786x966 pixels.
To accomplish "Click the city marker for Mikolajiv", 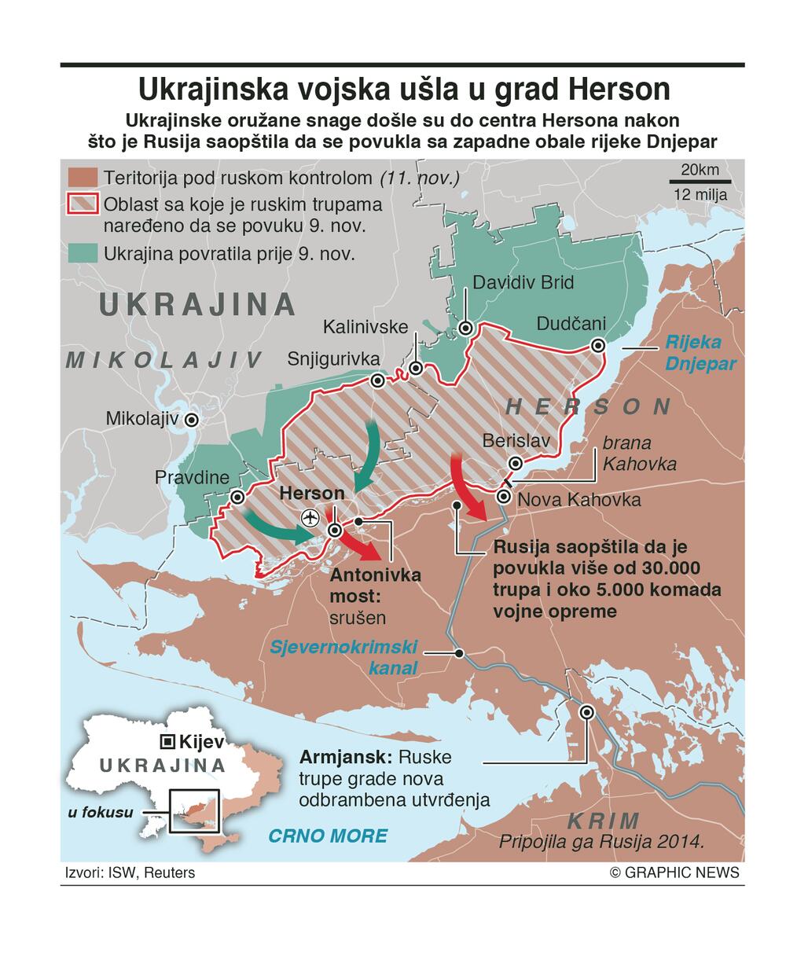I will point(190,420).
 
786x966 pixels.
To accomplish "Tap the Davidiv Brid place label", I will point(523,282).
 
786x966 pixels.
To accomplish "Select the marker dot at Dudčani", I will point(598,345).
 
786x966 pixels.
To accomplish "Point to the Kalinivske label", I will point(365,326).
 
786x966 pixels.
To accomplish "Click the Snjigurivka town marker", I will point(377,381).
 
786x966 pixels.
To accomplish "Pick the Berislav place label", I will point(516,441).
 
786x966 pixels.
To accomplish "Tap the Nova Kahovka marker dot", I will point(504,496).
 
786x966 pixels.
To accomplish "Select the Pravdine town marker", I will point(237,497).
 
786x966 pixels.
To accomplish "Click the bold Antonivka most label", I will point(376,585).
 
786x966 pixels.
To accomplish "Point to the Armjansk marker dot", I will point(586,712).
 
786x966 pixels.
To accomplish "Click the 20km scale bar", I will point(700,182).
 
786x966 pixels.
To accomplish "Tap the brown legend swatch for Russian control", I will point(83,177).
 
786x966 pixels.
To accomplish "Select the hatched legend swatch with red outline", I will point(83,204).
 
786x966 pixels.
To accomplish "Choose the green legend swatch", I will point(83,253).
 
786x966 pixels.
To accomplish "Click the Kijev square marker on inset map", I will point(167,741).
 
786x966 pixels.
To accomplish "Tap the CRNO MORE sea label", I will point(328,836).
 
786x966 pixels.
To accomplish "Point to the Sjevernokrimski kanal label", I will point(343,658).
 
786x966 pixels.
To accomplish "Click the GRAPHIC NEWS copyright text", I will point(674,872).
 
